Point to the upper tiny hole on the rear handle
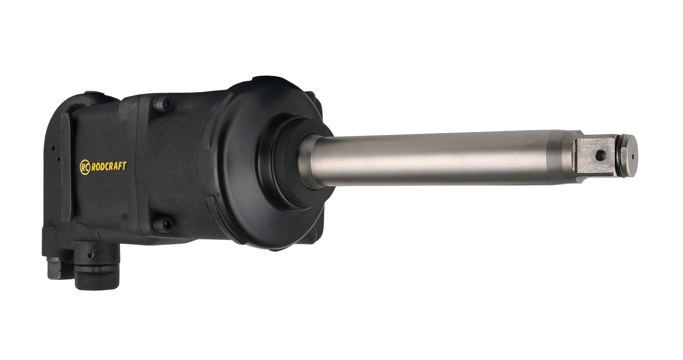click(x=53, y=148)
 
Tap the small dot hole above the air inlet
click(x=90, y=255)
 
